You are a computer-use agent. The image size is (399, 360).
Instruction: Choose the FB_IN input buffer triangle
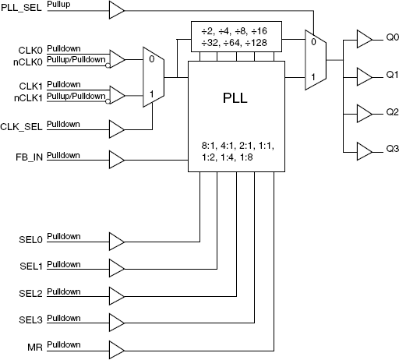point(116,160)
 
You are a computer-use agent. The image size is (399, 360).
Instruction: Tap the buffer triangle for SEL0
point(116,239)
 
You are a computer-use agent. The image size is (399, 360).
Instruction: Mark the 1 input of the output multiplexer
point(312,76)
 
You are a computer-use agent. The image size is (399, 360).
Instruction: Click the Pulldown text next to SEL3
point(63,316)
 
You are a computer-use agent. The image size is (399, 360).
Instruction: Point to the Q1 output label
point(391,76)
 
